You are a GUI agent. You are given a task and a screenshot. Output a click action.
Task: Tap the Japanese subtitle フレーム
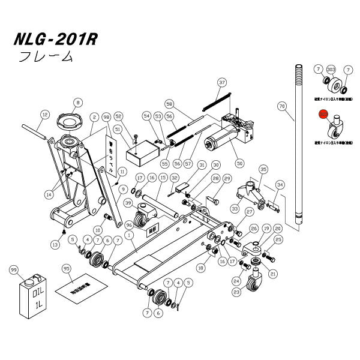point(46,58)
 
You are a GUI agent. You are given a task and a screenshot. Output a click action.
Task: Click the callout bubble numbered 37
point(221,82)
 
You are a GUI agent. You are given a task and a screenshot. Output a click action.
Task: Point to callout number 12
point(44,114)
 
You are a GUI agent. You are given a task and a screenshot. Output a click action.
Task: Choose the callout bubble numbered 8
point(77,103)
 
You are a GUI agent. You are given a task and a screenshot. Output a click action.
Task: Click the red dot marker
point(322,113)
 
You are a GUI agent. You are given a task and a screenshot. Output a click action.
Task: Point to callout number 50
point(241,161)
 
